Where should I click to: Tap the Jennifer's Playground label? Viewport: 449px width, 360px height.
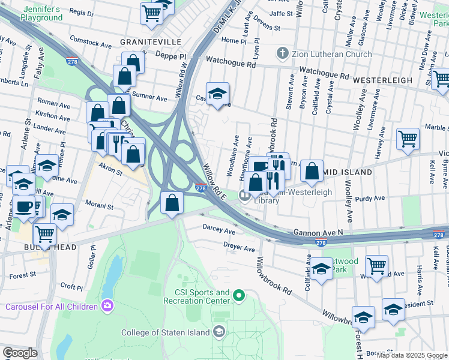coord(41,14)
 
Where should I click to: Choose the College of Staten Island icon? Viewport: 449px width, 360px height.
coord(220,332)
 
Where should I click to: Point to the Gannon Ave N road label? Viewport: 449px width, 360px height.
coord(318,232)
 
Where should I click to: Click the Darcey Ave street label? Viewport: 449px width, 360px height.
coord(219,230)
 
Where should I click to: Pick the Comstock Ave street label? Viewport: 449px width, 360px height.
coord(91,45)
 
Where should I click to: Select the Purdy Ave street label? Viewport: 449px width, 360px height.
coord(369,199)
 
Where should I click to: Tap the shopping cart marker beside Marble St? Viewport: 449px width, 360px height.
coord(408,139)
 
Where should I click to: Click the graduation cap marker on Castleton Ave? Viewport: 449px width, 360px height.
coord(218,94)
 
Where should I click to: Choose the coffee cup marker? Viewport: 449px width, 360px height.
coord(24,207)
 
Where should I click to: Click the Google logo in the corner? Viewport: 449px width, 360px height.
coord(20,353)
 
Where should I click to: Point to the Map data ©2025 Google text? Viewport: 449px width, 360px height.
coord(412,355)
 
